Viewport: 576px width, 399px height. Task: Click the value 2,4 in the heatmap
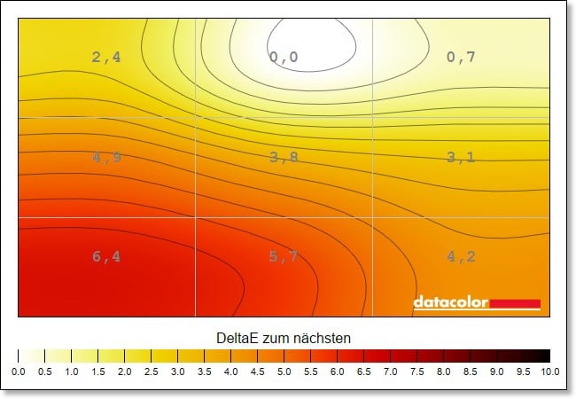point(105,58)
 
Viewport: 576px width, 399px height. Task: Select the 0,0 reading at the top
point(284,58)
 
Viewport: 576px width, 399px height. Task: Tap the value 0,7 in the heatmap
point(461,58)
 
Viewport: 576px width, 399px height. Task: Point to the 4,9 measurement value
point(105,158)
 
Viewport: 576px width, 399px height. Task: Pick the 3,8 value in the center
point(284,158)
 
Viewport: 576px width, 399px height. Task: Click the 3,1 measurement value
point(461,158)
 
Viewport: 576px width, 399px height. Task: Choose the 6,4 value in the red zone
point(105,257)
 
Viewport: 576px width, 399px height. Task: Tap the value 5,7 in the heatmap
point(284,257)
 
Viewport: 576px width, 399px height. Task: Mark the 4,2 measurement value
point(461,257)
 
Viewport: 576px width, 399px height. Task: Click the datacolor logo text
point(450,302)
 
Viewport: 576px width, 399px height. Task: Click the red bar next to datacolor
point(515,303)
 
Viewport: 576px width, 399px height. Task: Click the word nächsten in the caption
point(324,338)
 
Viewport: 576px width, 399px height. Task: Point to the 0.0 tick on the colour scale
point(18,372)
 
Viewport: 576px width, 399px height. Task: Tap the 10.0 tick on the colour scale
point(549,372)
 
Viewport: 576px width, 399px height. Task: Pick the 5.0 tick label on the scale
point(284,372)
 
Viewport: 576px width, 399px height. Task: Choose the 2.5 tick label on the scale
point(151,372)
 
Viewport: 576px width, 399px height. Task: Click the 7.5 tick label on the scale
point(416,372)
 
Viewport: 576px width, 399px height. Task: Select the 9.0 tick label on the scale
point(496,372)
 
